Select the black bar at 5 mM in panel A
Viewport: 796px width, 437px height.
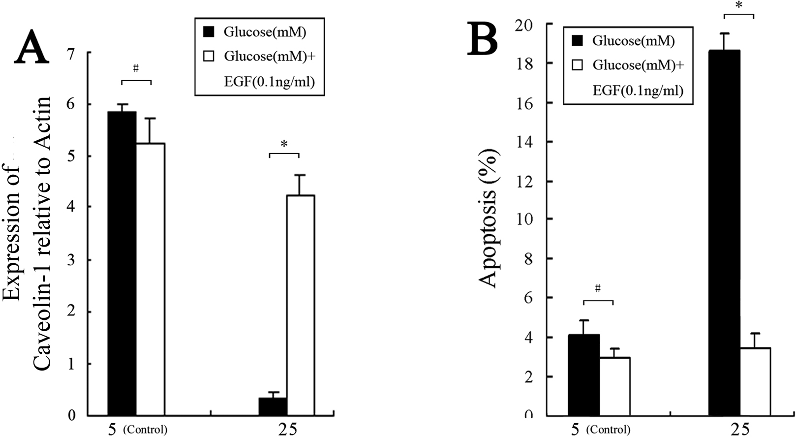tap(122, 263)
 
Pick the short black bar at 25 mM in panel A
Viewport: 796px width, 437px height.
tap(273, 406)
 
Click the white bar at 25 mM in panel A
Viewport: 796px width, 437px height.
tap(301, 305)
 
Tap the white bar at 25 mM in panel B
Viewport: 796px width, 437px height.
tap(755, 381)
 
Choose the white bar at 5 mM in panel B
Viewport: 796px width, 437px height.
tap(614, 386)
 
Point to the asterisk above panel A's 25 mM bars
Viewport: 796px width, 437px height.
tap(284, 145)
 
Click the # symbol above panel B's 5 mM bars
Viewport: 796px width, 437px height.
tap(598, 289)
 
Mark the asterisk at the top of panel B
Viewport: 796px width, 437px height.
tap(738, 5)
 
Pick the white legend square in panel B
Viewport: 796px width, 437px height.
tap(578, 65)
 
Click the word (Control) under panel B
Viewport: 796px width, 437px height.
tap(611, 430)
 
